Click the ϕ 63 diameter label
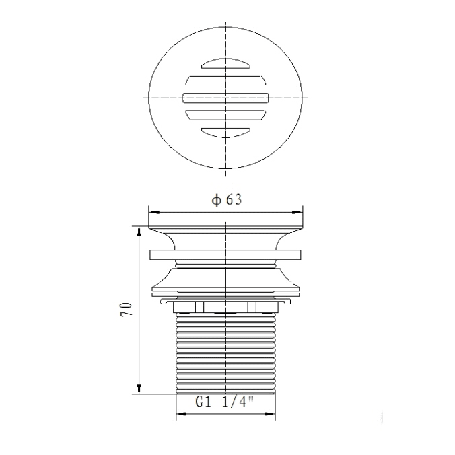tap(226, 200)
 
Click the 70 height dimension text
tap(126, 310)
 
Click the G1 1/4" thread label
tap(225, 402)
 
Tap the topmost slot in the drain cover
tap(225, 64)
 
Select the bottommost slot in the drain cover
tap(225, 133)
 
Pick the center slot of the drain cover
tap(225, 98)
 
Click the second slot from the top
tap(225, 81)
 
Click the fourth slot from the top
tap(225, 115)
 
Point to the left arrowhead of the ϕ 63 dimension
tap(153, 213)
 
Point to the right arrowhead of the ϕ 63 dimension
tap(297, 213)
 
